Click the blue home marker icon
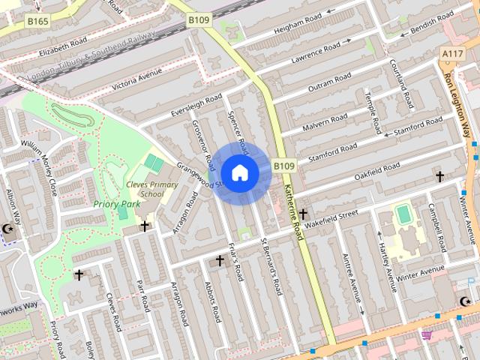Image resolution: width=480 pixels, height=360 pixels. (x=239, y=172)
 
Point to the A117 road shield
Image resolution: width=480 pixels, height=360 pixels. (x=452, y=54)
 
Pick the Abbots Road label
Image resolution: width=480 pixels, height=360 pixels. (x=211, y=301)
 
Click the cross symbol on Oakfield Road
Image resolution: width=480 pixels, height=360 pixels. (x=439, y=177)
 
